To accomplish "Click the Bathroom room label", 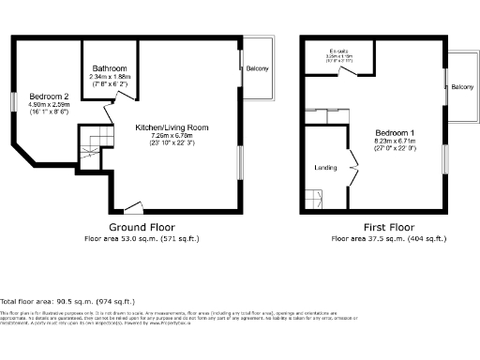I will [111, 67].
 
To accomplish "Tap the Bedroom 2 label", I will [49, 97].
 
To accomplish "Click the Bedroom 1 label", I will [395, 132].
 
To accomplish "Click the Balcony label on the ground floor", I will [257, 67].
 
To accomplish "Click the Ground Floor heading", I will [139, 228].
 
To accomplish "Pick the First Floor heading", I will [388, 228].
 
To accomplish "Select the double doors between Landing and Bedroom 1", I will [353, 160].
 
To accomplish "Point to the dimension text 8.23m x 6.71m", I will [395, 142].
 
